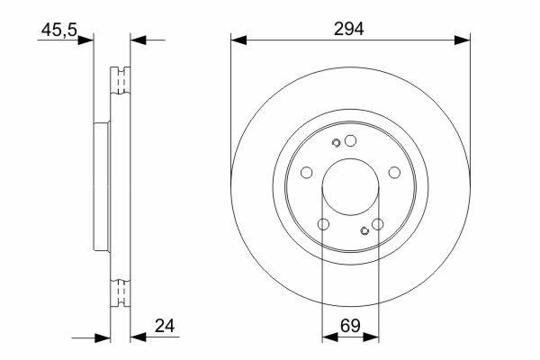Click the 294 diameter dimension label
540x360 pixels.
pos(348,29)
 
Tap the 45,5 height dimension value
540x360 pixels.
pos(59,30)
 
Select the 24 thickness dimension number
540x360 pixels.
pos(165,326)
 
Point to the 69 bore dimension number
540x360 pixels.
pos(350,326)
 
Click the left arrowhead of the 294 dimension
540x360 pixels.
pos(238,40)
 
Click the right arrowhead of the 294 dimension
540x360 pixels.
pos(463,40)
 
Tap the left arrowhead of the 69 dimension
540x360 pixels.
pos(329,337)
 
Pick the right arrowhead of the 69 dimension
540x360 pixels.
pos(371,337)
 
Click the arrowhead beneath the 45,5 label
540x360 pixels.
pos(85,40)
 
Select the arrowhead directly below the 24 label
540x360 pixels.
pos(138,337)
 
